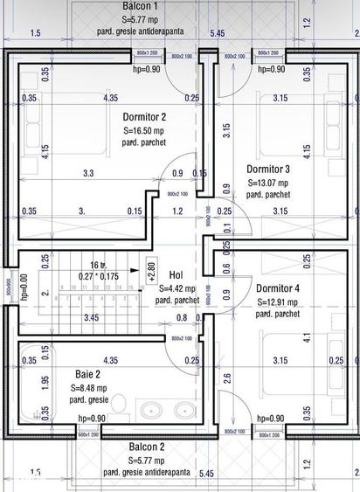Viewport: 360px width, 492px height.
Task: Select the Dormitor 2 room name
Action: (144, 116)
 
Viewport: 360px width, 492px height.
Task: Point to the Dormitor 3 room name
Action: (268, 169)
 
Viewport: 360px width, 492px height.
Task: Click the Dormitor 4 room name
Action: (277, 288)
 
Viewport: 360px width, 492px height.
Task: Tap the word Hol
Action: (176, 274)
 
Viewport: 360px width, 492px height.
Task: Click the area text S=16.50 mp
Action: (144, 130)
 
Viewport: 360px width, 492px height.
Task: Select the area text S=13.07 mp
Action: (268, 183)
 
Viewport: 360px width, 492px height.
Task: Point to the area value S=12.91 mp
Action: (277, 301)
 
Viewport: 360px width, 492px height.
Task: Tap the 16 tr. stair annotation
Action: (97, 263)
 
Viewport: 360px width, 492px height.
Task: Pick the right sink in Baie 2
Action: (183, 410)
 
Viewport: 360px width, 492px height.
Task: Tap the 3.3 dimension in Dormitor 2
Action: (88, 174)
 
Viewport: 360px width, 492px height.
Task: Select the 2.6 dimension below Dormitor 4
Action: (227, 378)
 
